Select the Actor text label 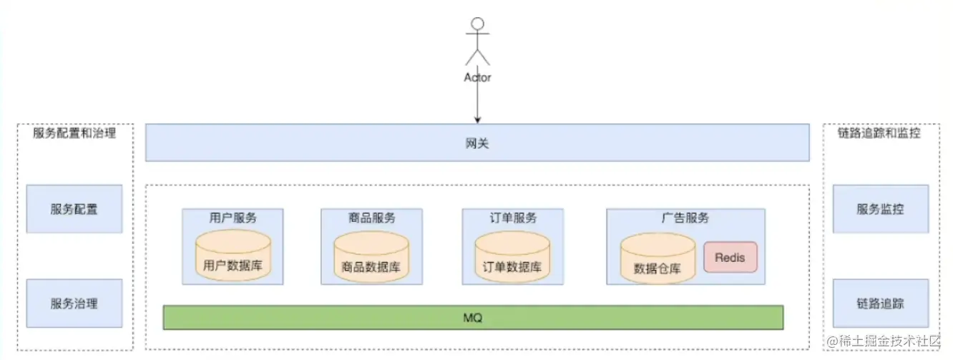(x=477, y=77)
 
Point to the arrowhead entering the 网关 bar (x=477, y=120)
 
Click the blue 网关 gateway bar (x=477, y=143)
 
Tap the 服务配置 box (x=74, y=209)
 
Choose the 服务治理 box (x=74, y=303)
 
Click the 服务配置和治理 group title (x=74, y=133)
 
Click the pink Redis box (x=730, y=257)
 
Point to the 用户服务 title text (x=233, y=218)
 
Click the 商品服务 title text (x=371, y=218)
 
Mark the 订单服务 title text (x=512, y=218)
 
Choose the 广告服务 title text (x=685, y=218)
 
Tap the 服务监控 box (x=881, y=209)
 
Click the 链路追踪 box (x=881, y=303)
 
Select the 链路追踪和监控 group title (x=879, y=133)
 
